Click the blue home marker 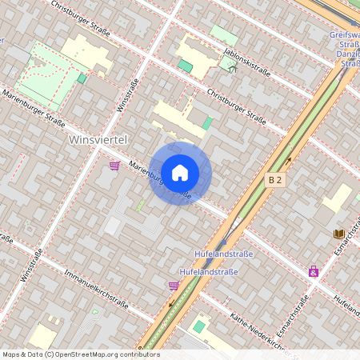coord(180,172)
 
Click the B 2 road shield coord(275,181)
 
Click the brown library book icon coord(339,234)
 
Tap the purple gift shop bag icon coord(314,271)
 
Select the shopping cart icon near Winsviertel coord(114,166)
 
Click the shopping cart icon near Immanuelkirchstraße coord(174,285)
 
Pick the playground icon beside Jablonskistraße coord(233,68)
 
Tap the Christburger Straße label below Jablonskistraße coord(236,107)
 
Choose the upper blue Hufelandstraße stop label coord(224,254)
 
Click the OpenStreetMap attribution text coord(81,354)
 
